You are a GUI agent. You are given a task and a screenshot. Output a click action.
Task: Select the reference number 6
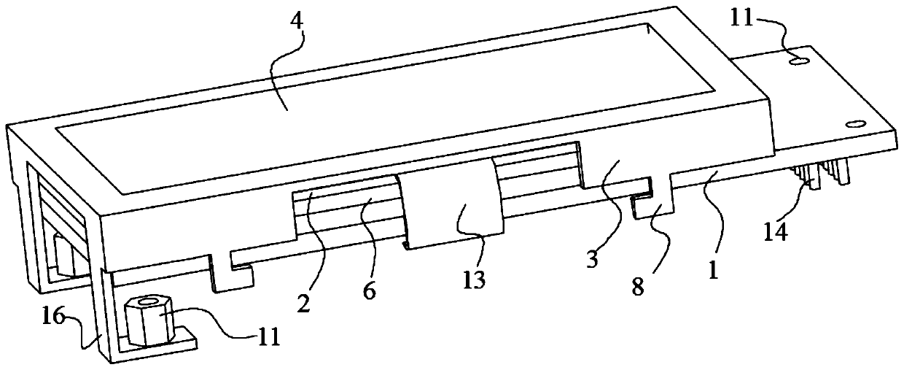coord(369,290)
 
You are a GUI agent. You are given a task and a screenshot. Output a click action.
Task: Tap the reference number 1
coord(714,271)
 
